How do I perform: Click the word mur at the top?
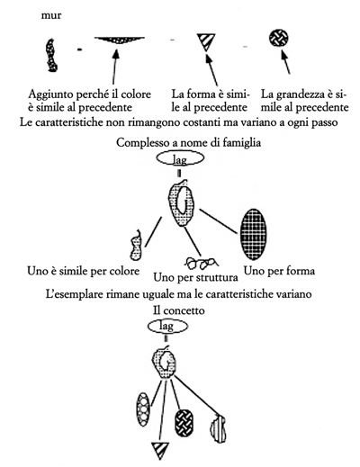51,15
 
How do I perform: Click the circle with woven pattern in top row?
279,38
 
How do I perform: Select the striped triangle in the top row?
206,42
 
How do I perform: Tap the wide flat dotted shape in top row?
120,40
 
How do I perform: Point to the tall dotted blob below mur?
51,56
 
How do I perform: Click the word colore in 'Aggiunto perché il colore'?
136,94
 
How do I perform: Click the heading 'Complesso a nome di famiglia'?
188,142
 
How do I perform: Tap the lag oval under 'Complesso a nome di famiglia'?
180,158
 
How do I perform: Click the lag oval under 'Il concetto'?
167,326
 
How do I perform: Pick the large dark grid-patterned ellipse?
254,234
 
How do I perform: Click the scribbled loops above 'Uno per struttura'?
201,263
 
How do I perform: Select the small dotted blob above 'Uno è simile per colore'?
136,245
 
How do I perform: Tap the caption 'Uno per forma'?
279,271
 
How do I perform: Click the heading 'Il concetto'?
179,310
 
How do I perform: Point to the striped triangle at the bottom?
159,450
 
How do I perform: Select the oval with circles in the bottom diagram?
142,409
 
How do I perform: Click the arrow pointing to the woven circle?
285,62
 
